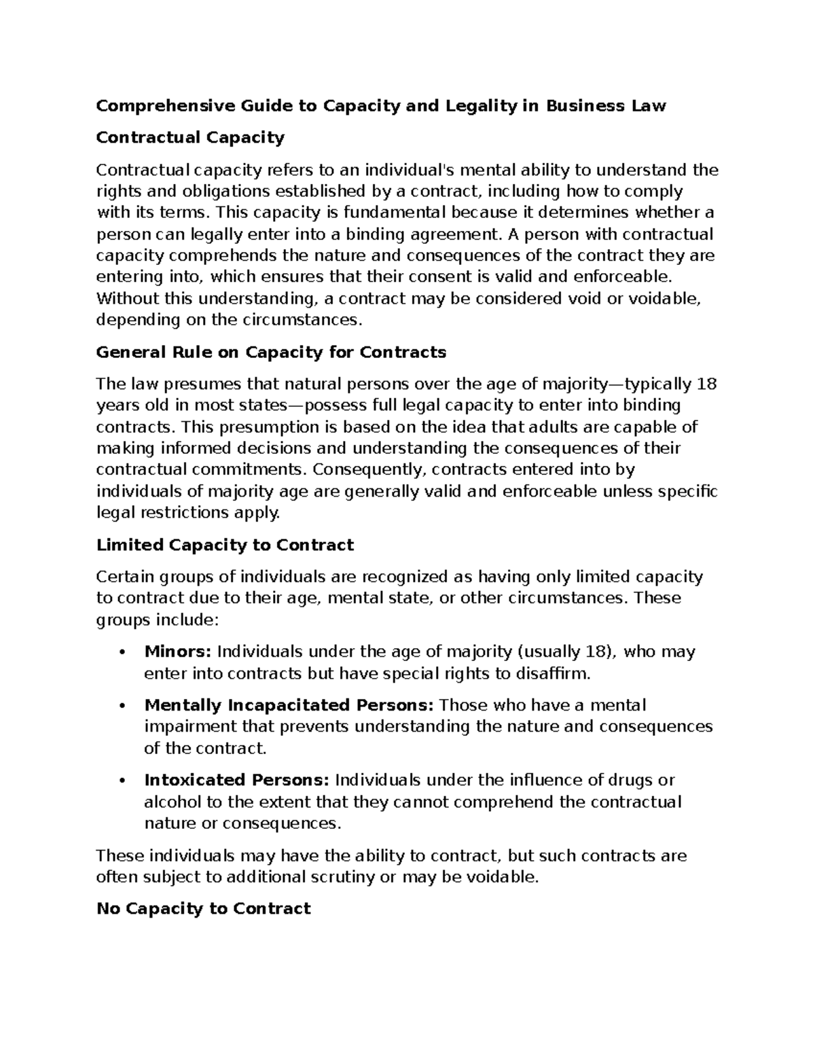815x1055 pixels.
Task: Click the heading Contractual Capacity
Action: [190, 138]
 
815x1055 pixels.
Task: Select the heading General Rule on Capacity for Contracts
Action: [271, 352]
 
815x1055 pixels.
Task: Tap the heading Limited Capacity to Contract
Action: [225, 545]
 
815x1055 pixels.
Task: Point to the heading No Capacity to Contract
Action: [203, 908]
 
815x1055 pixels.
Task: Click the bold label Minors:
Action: [178, 652]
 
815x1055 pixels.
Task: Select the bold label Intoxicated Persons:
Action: [237, 780]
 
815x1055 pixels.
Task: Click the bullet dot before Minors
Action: [122, 653]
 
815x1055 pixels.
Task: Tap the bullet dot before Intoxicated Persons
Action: [122, 781]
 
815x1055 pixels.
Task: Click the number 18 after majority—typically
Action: [707, 384]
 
